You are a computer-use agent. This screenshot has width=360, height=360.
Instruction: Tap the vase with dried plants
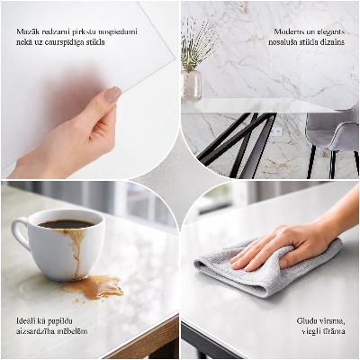tap(192, 83)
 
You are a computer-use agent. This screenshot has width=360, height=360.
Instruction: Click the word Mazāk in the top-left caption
tap(28, 31)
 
